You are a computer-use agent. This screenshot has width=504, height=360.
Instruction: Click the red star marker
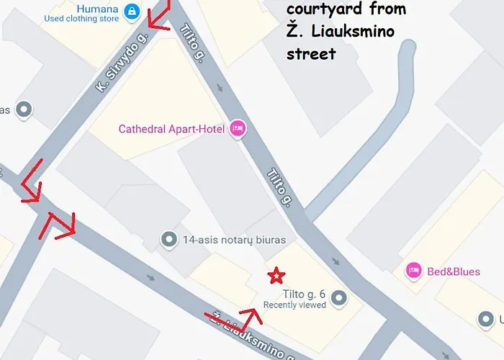pyautogui.click(x=275, y=276)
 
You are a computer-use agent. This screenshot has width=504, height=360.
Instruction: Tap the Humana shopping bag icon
pyautogui.click(x=131, y=10)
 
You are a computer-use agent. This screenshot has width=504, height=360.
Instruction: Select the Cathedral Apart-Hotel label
pyautogui.click(x=171, y=130)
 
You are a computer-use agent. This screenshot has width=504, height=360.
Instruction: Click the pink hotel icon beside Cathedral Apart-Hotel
pyautogui.click(x=238, y=129)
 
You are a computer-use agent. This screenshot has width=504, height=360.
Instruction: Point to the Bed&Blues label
pyautogui.click(x=454, y=271)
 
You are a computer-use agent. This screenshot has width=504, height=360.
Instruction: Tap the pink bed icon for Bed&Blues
pyautogui.click(x=413, y=271)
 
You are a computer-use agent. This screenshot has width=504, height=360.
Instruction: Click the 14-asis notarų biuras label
pyautogui.click(x=234, y=240)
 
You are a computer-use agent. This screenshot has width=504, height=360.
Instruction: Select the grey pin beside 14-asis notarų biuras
pyautogui.click(x=169, y=238)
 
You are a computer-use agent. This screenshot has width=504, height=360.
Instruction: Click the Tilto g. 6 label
pyautogui.click(x=305, y=294)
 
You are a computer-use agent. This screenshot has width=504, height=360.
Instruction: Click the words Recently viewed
pyautogui.click(x=294, y=305)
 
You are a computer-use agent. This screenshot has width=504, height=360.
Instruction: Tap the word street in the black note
pyautogui.click(x=311, y=54)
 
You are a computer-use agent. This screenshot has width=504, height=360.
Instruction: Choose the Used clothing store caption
pyautogui.click(x=81, y=19)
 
